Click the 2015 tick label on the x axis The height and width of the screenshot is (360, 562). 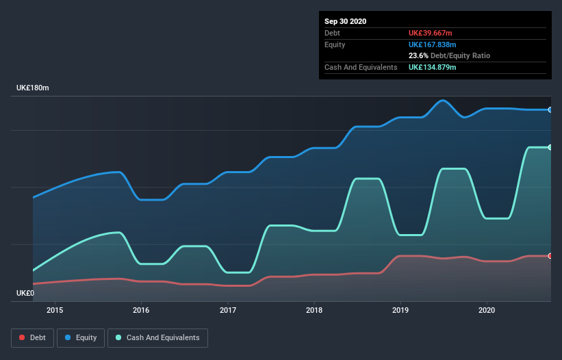pyautogui.click(x=55, y=310)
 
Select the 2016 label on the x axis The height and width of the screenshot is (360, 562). pyautogui.click(x=141, y=310)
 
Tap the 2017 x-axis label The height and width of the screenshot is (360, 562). pyautogui.click(x=228, y=310)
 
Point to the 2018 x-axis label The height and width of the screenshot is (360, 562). pyautogui.click(x=314, y=310)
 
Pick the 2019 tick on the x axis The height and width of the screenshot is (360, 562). pyautogui.click(x=400, y=310)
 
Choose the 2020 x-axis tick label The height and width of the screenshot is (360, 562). pyautogui.click(x=487, y=310)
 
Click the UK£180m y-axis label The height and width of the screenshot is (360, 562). pyautogui.click(x=33, y=88)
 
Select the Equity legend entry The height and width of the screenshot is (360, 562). pyautogui.click(x=81, y=337)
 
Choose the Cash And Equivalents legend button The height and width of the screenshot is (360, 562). pyautogui.click(x=157, y=337)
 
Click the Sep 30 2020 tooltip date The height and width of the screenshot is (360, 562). pyautogui.click(x=345, y=21)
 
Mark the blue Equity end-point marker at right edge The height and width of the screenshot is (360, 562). pyautogui.click(x=550, y=110)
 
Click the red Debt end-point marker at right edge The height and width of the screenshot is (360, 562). pyautogui.click(x=550, y=256)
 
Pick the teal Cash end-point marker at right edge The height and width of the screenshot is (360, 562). pyautogui.click(x=550, y=147)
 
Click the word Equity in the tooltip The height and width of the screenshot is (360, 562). pyautogui.click(x=335, y=44)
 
